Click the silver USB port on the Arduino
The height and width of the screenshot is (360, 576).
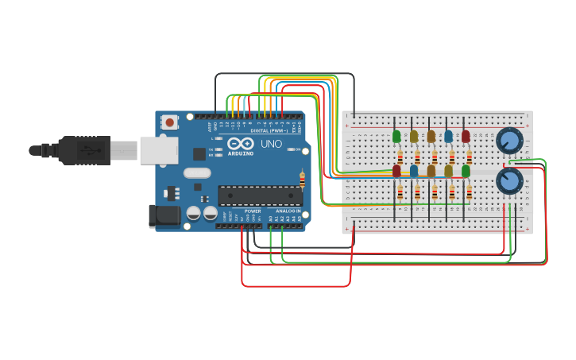coord(158,149)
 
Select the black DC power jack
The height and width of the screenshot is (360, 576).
coord(164,215)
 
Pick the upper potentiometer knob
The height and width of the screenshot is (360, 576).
coord(509,141)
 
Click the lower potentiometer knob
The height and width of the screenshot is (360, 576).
coord(509,180)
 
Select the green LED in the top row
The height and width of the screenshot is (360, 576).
coord(396,136)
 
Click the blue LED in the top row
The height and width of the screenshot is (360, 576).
coord(449,136)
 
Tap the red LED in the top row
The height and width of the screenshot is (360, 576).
coord(466,136)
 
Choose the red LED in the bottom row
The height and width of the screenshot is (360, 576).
coord(396,171)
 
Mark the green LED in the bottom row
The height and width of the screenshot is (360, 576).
coord(466,171)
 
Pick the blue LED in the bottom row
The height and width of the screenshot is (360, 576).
coord(414,171)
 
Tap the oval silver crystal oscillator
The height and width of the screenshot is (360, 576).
coord(197,172)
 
